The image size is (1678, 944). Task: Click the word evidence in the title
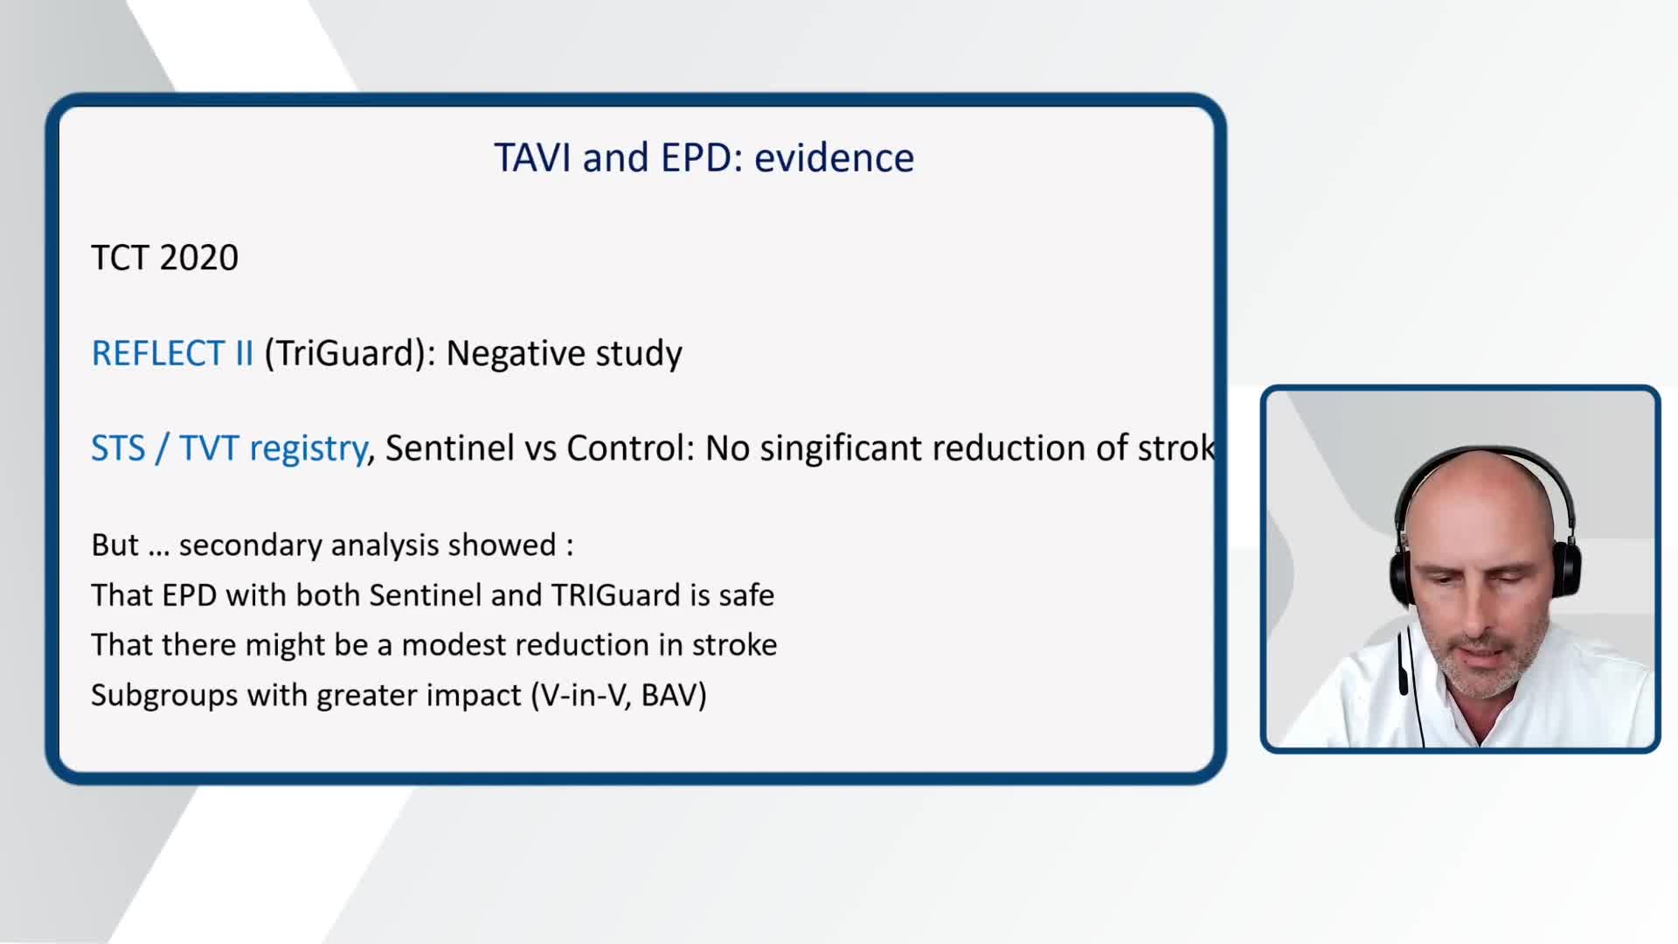[x=834, y=158]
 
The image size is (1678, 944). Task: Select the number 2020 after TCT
[x=199, y=258]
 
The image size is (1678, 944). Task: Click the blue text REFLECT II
[x=172, y=353]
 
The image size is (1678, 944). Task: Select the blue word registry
[x=308, y=449]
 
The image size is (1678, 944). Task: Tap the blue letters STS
[x=118, y=448]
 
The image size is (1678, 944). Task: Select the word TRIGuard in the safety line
[x=615, y=595]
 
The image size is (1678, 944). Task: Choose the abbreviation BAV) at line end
[x=674, y=696]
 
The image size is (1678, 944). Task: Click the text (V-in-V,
[x=581, y=696]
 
